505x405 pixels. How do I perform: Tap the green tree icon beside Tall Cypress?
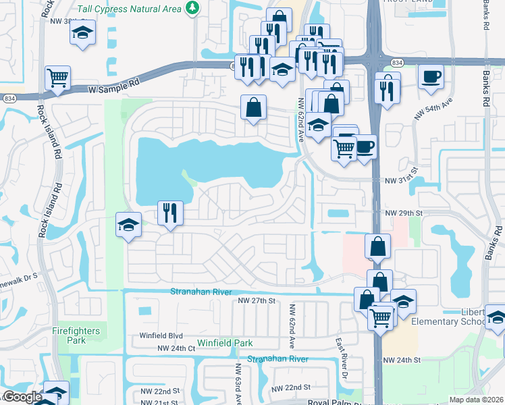click(x=194, y=8)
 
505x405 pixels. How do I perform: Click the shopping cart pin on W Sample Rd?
click(x=58, y=78)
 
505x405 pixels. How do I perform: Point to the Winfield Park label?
click(x=225, y=343)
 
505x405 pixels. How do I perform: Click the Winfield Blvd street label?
click(x=161, y=335)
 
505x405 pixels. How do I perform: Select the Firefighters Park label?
click(x=76, y=335)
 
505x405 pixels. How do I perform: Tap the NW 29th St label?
click(x=403, y=213)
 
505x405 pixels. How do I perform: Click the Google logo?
click(x=22, y=398)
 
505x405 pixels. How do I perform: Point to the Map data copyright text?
click(x=477, y=400)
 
